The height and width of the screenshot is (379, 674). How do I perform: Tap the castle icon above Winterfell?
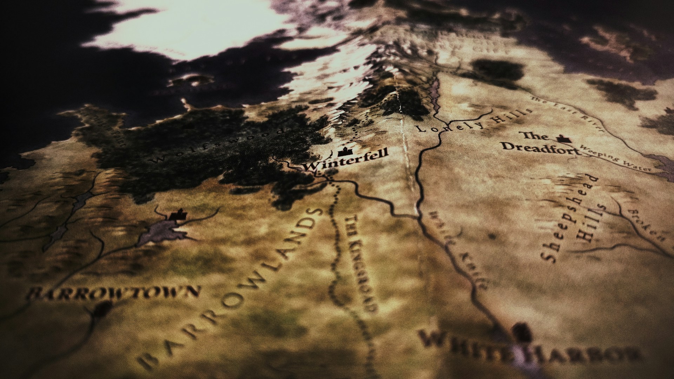344,152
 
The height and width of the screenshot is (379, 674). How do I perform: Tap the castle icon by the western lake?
177,215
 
